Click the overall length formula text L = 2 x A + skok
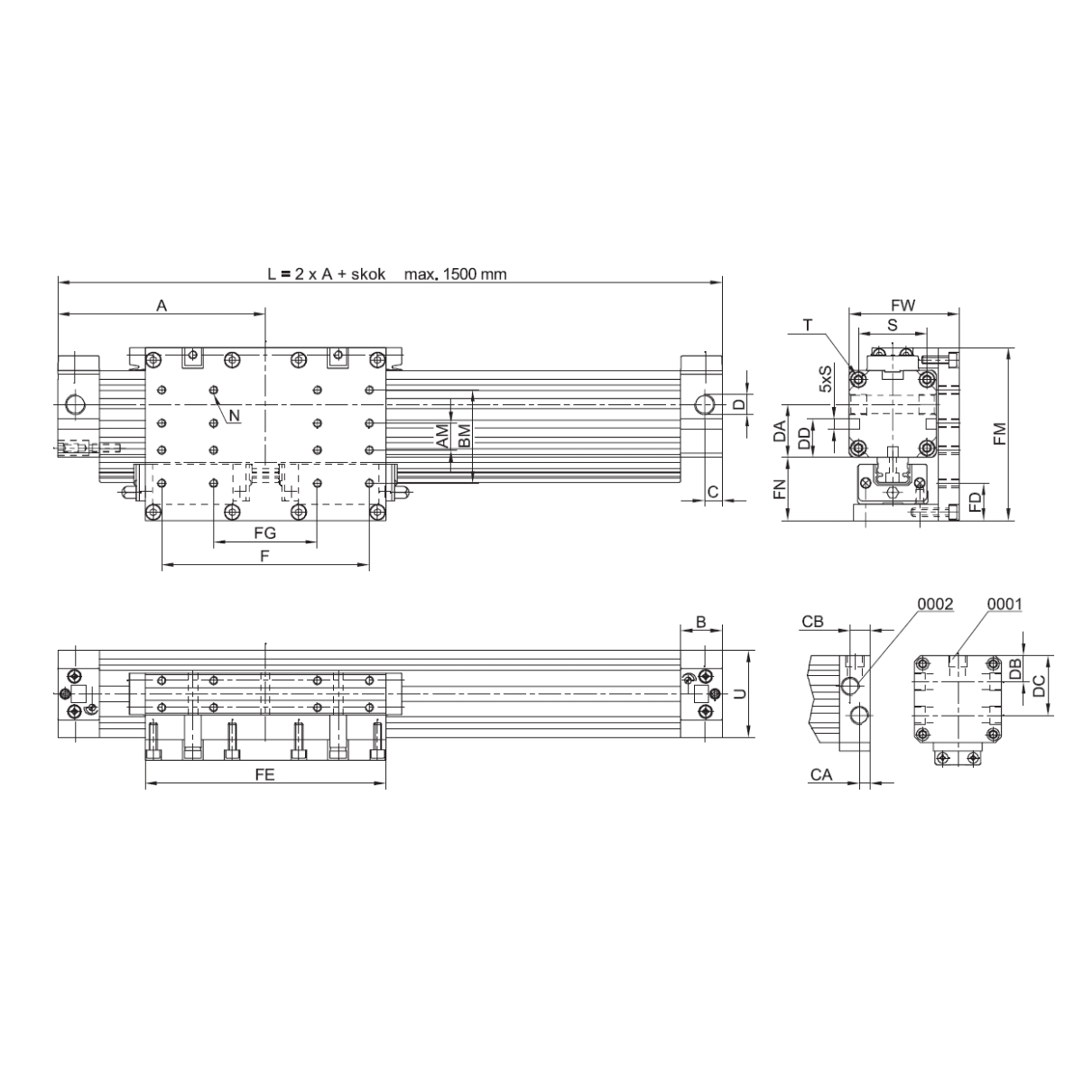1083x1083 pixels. pyautogui.click(x=326, y=274)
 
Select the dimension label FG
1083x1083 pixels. pyautogui.click(x=264, y=532)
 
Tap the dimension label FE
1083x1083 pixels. pyautogui.click(x=264, y=775)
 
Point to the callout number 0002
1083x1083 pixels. pyautogui.click(x=935, y=604)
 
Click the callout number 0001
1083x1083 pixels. pyautogui.click(x=1004, y=604)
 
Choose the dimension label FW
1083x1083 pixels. pyautogui.click(x=902, y=306)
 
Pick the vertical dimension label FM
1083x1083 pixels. pyautogui.click(x=1000, y=434)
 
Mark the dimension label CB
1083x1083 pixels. pyautogui.click(x=812, y=622)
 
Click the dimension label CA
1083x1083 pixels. pyautogui.click(x=820, y=775)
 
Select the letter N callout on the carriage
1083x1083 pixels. pyautogui.click(x=235, y=415)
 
